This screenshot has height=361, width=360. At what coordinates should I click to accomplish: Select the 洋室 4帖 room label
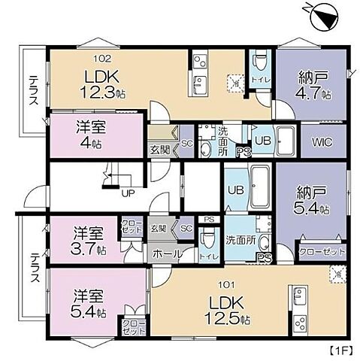tap(89, 134)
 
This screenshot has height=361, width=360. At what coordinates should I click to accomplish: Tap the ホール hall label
tap(166, 254)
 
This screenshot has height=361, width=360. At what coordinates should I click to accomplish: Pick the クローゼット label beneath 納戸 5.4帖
tap(322, 251)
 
